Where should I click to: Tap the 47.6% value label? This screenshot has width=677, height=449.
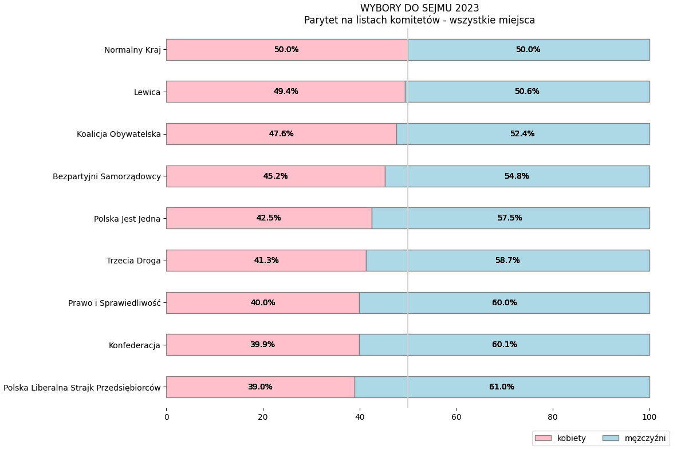click(x=281, y=134)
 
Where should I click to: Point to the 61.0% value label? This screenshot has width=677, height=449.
click(x=501, y=387)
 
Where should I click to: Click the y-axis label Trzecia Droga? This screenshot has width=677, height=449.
click(x=133, y=261)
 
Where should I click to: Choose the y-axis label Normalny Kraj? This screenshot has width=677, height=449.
click(x=132, y=50)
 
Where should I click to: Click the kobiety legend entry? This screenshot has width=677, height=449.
click(x=560, y=438)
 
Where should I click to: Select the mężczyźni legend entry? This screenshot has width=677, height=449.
click(x=634, y=438)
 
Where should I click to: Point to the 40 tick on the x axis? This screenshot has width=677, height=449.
click(x=360, y=417)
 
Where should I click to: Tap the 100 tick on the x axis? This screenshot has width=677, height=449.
click(x=649, y=417)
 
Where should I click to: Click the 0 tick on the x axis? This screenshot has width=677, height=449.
click(x=167, y=417)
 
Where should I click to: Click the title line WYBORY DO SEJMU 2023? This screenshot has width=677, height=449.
click(x=419, y=8)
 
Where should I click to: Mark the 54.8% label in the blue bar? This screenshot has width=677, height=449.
click(x=516, y=176)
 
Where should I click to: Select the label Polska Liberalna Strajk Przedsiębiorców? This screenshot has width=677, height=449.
click(x=82, y=388)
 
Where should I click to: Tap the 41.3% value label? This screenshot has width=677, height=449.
click(x=266, y=261)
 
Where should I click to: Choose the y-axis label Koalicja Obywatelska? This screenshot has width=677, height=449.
click(x=119, y=134)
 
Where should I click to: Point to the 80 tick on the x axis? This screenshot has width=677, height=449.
click(x=553, y=417)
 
